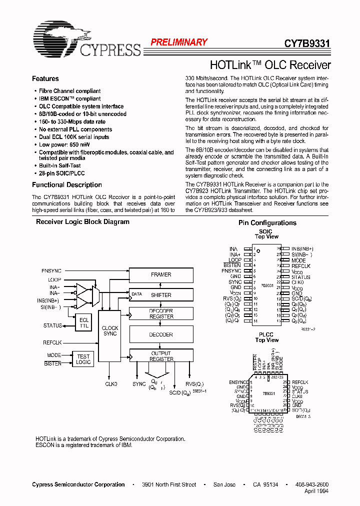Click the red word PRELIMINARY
178,42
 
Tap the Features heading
45,79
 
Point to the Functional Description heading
67,185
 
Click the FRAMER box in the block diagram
161,274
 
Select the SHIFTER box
161,295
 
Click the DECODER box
161,334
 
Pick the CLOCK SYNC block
110,331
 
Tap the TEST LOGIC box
83,359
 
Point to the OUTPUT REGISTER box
161,355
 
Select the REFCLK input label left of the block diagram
52,343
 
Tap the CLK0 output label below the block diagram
111,384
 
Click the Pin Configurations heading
267,223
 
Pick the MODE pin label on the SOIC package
298,260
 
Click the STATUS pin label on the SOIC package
301,277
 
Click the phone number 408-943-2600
312,484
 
